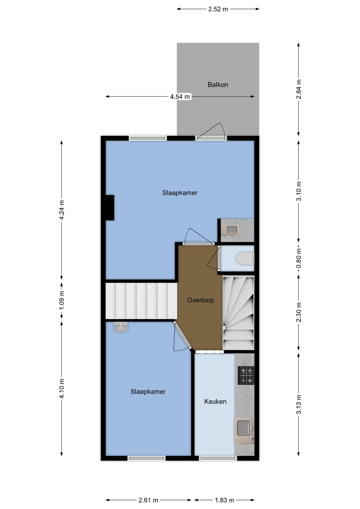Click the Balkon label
[218, 85]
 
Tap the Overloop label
[200, 300]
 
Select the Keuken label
[215, 402]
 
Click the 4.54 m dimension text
[180, 97]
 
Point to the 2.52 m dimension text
[218, 9]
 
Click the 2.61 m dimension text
[148, 500]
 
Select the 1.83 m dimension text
[224, 500]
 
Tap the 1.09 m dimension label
[62, 300]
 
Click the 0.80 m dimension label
[299, 258]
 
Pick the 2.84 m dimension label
[299, 89]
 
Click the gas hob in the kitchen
[246, 375]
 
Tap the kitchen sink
[244, 428]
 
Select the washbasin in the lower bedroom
[121, 327]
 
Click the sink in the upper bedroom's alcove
[232, 230]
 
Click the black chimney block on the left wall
[110, 207]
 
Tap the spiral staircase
[238, 313]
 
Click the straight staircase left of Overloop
[141, 301]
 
